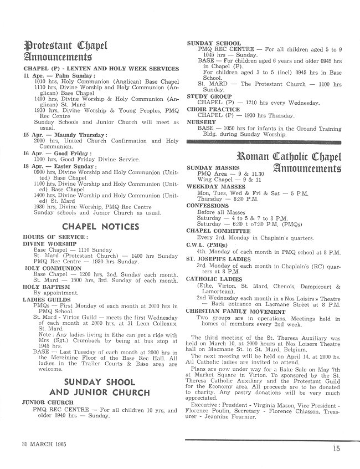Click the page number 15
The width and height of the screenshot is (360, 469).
(337, 449)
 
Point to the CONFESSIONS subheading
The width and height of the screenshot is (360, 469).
(208, 206)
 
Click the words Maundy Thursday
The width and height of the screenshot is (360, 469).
(81, 135)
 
